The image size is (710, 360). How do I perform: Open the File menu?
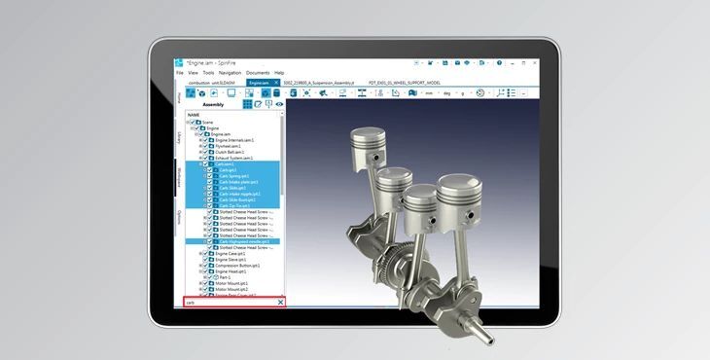pos(180,73)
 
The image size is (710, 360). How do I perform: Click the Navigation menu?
pos(230,73)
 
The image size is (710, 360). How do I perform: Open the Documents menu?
pos(258,73)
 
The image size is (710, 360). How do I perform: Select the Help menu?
pos(279,73)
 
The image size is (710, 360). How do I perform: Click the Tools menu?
pos(208,73)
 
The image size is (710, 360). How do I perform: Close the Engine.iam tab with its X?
pos(275,84)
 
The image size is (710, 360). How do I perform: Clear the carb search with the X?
pos(280,303)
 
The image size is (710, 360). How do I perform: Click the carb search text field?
pos(230,303)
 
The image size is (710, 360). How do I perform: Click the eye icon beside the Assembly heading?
pos(279,103)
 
